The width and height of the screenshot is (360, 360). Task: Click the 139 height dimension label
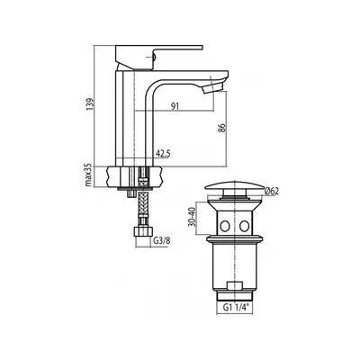pos(91,104)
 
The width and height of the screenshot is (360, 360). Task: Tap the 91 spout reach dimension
pos(175,106)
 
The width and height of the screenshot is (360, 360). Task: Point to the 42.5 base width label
pos(163,154)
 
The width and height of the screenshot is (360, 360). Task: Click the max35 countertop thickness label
pos(88,176)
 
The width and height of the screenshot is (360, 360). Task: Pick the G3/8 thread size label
pos(162,241)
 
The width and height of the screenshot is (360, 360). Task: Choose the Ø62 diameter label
pos(272,191)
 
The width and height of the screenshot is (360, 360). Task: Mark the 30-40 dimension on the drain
pos(193,217)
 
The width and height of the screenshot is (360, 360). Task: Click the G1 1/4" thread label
pos(234,308)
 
